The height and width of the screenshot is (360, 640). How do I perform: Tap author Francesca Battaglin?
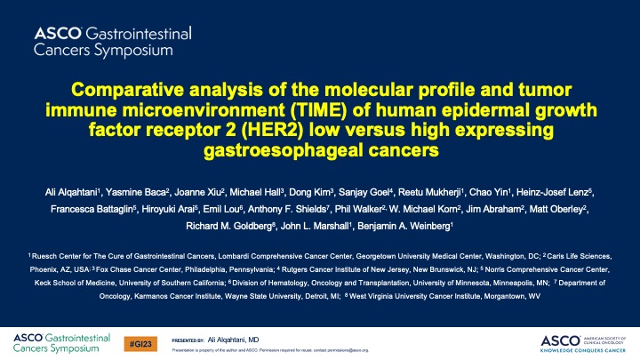coord(92,208)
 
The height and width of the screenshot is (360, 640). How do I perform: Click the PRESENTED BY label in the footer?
coord(188,340)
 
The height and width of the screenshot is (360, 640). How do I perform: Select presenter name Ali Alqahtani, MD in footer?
coord(234,340)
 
